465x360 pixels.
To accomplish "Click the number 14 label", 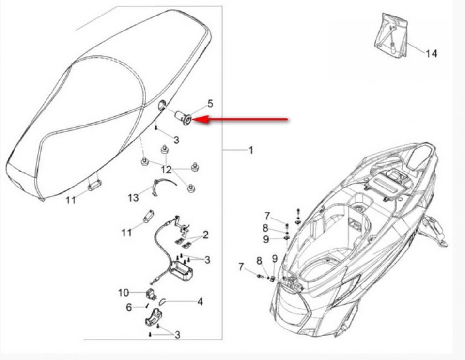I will pyautogui.click(x=431, y=53).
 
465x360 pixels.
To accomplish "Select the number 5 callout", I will pyautogui.click(x=210, y=103).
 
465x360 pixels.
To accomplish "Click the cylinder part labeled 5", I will pyautogui.click(x=183, y=118).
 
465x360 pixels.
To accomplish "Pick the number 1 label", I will pyautogui.click(x=250, y=150).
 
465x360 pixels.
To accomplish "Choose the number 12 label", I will pyautogui.click(x=166, y=170).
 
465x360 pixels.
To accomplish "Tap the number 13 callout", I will pyautogui.click(x=133, y=197).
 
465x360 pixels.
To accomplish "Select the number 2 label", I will pyautogui.click(x=206, y=235).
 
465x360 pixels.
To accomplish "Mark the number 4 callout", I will pyautogui.click(x=200, y=302).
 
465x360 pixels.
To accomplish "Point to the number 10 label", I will pyautogui.click(x=124, y=292).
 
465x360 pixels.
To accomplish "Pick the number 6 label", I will pyautogui.click(x=129, y=307).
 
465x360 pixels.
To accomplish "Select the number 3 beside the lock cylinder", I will pyautogui.click(x=176, y=140).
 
